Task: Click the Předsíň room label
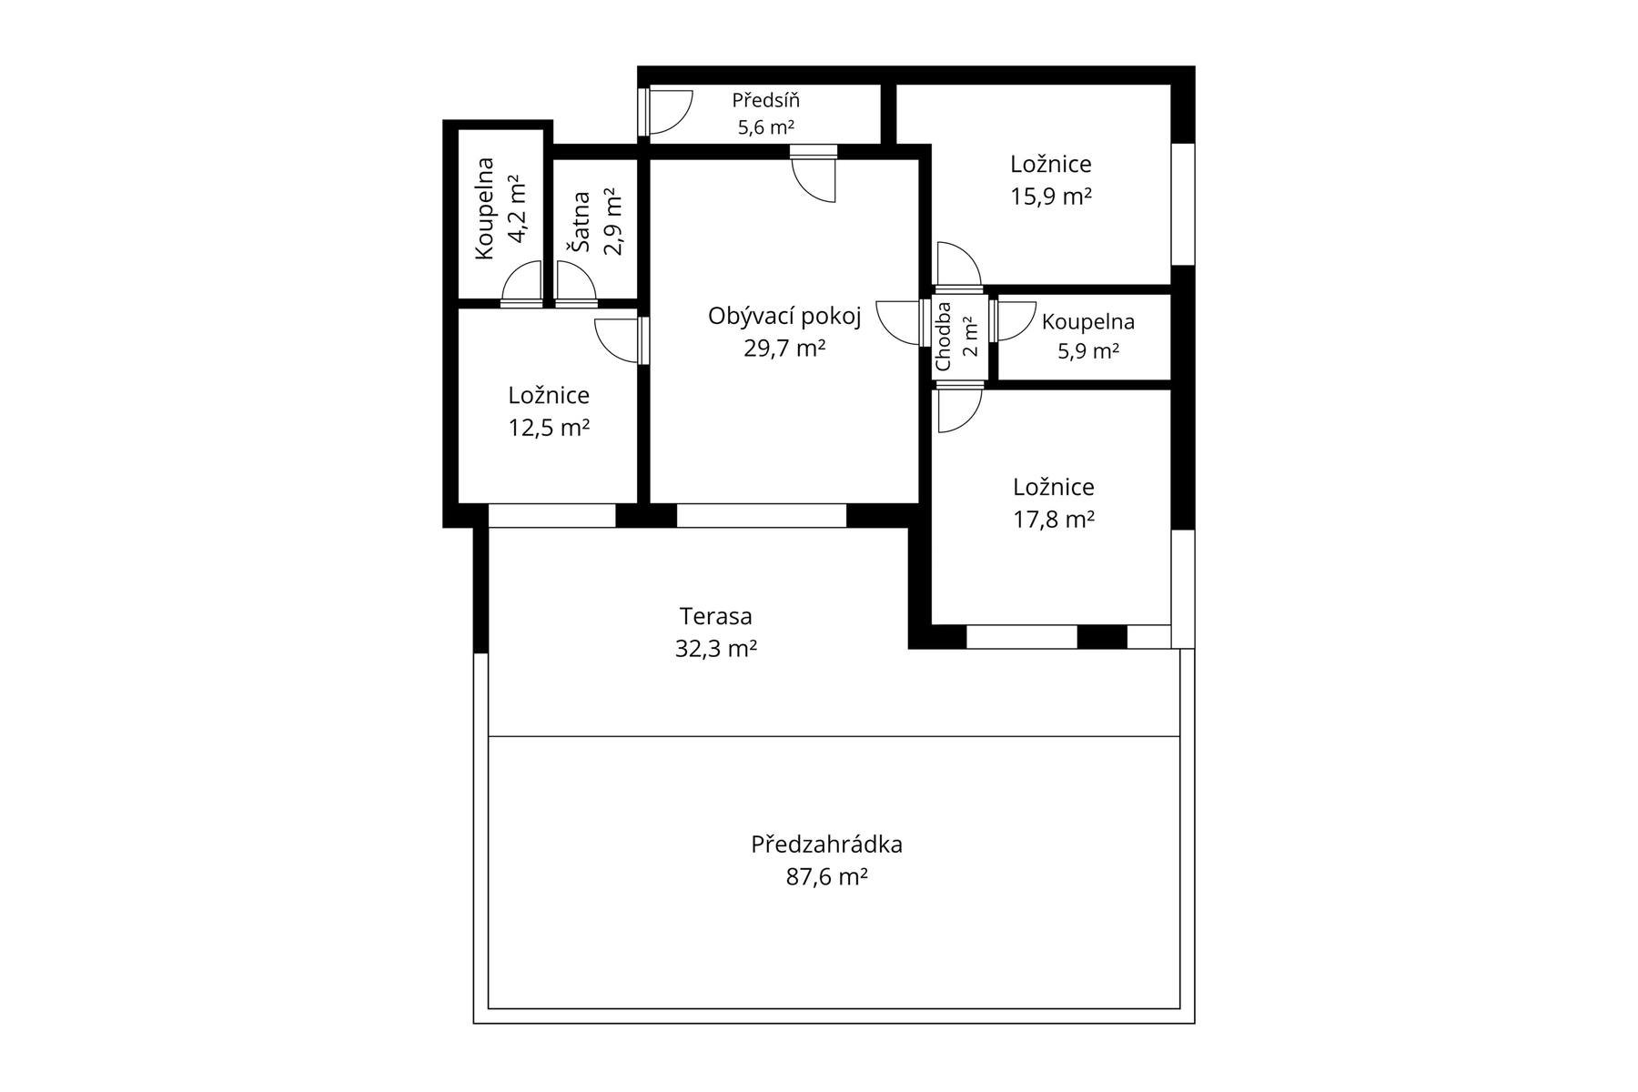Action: [766, 100]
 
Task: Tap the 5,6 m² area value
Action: [766, 127]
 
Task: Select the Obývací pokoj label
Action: [784, 317]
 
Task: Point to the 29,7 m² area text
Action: [784, 348]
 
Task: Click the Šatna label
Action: [580, 221]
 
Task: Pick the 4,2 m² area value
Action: [516, 209]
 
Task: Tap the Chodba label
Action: [943, 337]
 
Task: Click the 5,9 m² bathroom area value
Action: [1087, 351]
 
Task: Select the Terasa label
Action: [716, 616]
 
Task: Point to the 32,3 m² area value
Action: [716, 649]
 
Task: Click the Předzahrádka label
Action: [826, 844]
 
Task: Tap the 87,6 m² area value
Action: [826, 877]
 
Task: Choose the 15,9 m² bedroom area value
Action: [1051, 197]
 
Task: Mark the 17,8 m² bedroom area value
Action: [1054, 520]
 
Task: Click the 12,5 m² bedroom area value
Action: [549, 428]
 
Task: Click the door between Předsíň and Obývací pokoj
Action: [814, 175]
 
